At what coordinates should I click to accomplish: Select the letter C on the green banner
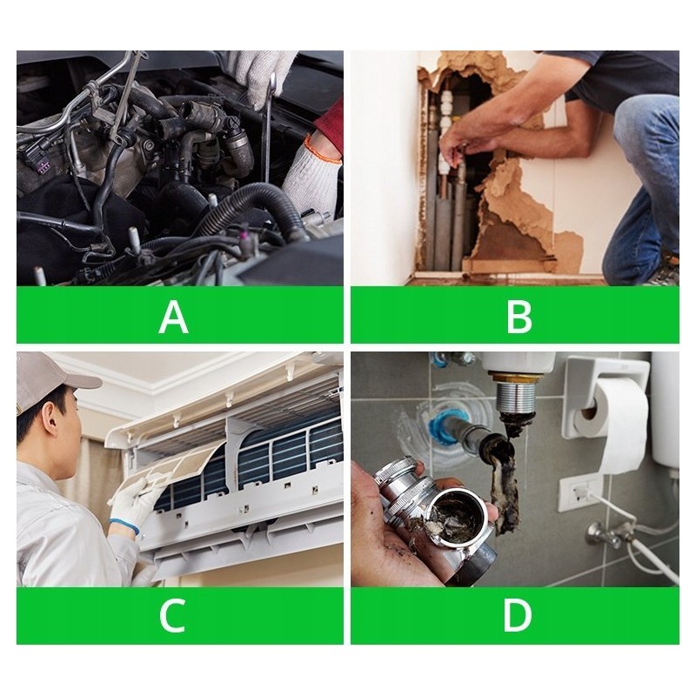(x=171, y=615)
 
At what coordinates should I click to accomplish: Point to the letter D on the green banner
(x=518, y=615)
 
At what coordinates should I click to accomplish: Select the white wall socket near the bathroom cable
(x=578, y=493)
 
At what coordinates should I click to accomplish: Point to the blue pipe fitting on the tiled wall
(x=438, y=426)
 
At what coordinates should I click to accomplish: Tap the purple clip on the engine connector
(x=44, y=167)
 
